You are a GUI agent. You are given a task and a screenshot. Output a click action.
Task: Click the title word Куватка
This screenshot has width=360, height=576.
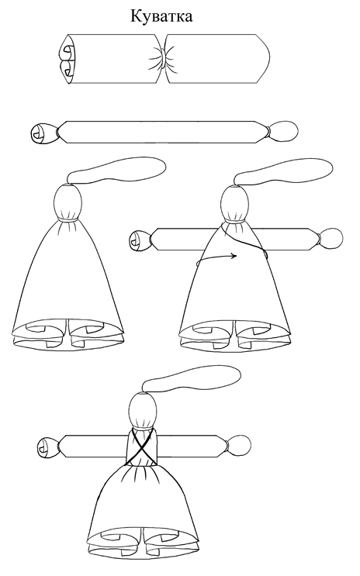161,16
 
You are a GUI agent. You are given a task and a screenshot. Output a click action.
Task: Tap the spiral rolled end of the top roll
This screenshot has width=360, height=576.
67,59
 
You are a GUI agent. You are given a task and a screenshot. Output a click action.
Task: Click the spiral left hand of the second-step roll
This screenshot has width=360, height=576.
43,133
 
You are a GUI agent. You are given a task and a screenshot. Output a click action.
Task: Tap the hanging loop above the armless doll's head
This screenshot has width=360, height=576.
118,173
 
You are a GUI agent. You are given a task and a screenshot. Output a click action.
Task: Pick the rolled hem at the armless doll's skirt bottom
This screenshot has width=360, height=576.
68,333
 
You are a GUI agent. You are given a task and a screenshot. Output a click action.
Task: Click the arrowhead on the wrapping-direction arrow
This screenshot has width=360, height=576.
234,256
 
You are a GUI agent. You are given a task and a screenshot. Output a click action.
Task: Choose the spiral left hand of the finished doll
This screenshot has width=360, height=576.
49,447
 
